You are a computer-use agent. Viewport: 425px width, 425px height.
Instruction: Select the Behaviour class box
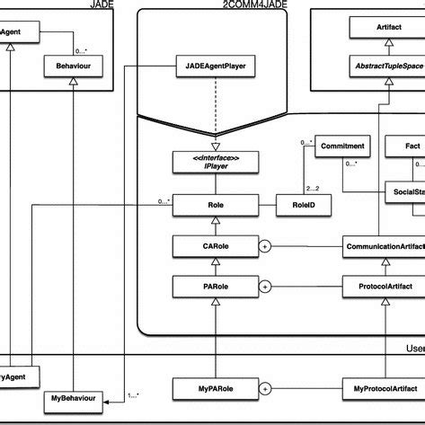(x=72, y=66)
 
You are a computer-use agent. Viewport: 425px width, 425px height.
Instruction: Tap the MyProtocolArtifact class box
(x=385, y=388)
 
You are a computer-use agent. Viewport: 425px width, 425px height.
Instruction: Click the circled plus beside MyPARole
(x=266, y=388)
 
